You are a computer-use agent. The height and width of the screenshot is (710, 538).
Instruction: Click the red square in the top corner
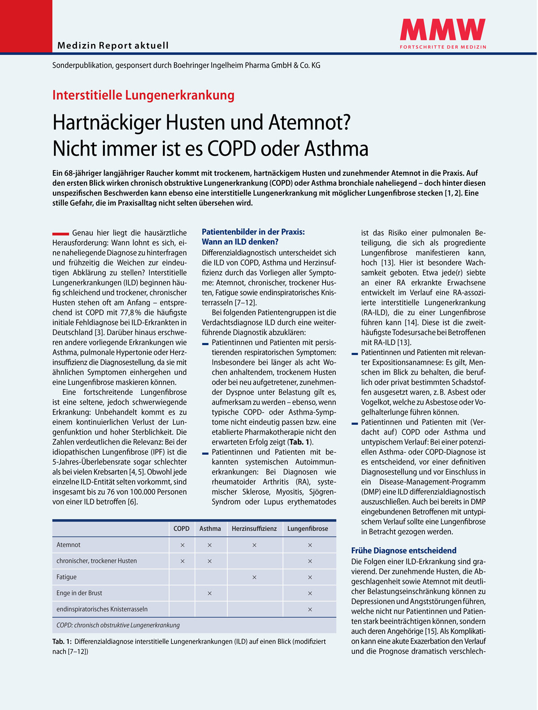click(x=26, y=26)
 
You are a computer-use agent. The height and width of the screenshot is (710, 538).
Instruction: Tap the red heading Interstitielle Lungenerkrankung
click(x=143, y=96)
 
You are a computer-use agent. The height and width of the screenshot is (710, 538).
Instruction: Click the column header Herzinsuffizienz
click(x=254, y=529)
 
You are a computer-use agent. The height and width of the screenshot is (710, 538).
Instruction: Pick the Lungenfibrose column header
click(x=308, y=529)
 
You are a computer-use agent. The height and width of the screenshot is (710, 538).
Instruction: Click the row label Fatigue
click(x=66, y=577)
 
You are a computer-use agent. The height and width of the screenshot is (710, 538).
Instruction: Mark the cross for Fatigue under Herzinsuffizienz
click(x=254, y=577)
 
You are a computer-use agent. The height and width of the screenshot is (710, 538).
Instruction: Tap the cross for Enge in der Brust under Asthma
click(x=209, y=593)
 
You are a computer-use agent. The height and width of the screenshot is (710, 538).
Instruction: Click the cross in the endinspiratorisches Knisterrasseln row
click(x=310, y=610)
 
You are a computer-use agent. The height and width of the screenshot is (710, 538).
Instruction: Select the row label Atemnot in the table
click(x=69, y=545)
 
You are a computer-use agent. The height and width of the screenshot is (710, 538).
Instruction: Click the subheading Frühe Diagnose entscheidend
click(x=403, y=551)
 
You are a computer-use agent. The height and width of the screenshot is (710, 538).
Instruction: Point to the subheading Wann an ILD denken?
click(x=240, y=242)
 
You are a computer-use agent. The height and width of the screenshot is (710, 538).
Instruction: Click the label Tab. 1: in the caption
click(x=62, y=642)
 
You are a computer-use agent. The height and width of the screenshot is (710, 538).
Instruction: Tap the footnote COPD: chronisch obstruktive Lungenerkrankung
click(x=118, y=625)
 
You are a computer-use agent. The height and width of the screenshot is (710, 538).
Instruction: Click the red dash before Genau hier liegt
click(x=61, y=234)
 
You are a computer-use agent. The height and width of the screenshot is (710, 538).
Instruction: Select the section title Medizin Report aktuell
click(x=113, y=45)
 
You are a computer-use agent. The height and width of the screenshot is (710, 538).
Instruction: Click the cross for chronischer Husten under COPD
click(x=182, y=561)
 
